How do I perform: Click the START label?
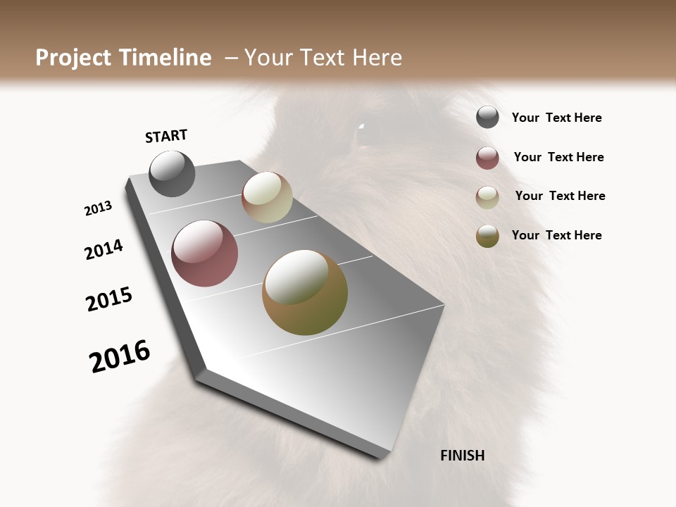(166, 136)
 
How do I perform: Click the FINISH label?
(462, 456)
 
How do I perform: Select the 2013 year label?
(98, 208)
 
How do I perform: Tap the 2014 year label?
(104, 250)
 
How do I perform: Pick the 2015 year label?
(109, 299)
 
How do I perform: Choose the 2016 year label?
(120, 357)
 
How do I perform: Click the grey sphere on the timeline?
(173, 173)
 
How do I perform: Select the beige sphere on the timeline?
(267, 197)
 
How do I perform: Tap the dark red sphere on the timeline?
(204, 254)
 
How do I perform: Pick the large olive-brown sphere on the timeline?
(305, 292)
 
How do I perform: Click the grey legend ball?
(487, 117)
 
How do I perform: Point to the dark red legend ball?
(487, 158)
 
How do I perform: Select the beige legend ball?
(487, 197)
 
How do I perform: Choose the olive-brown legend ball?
(487, 236)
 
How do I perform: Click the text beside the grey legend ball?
(556, 118)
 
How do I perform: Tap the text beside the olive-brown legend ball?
(556, 235)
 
